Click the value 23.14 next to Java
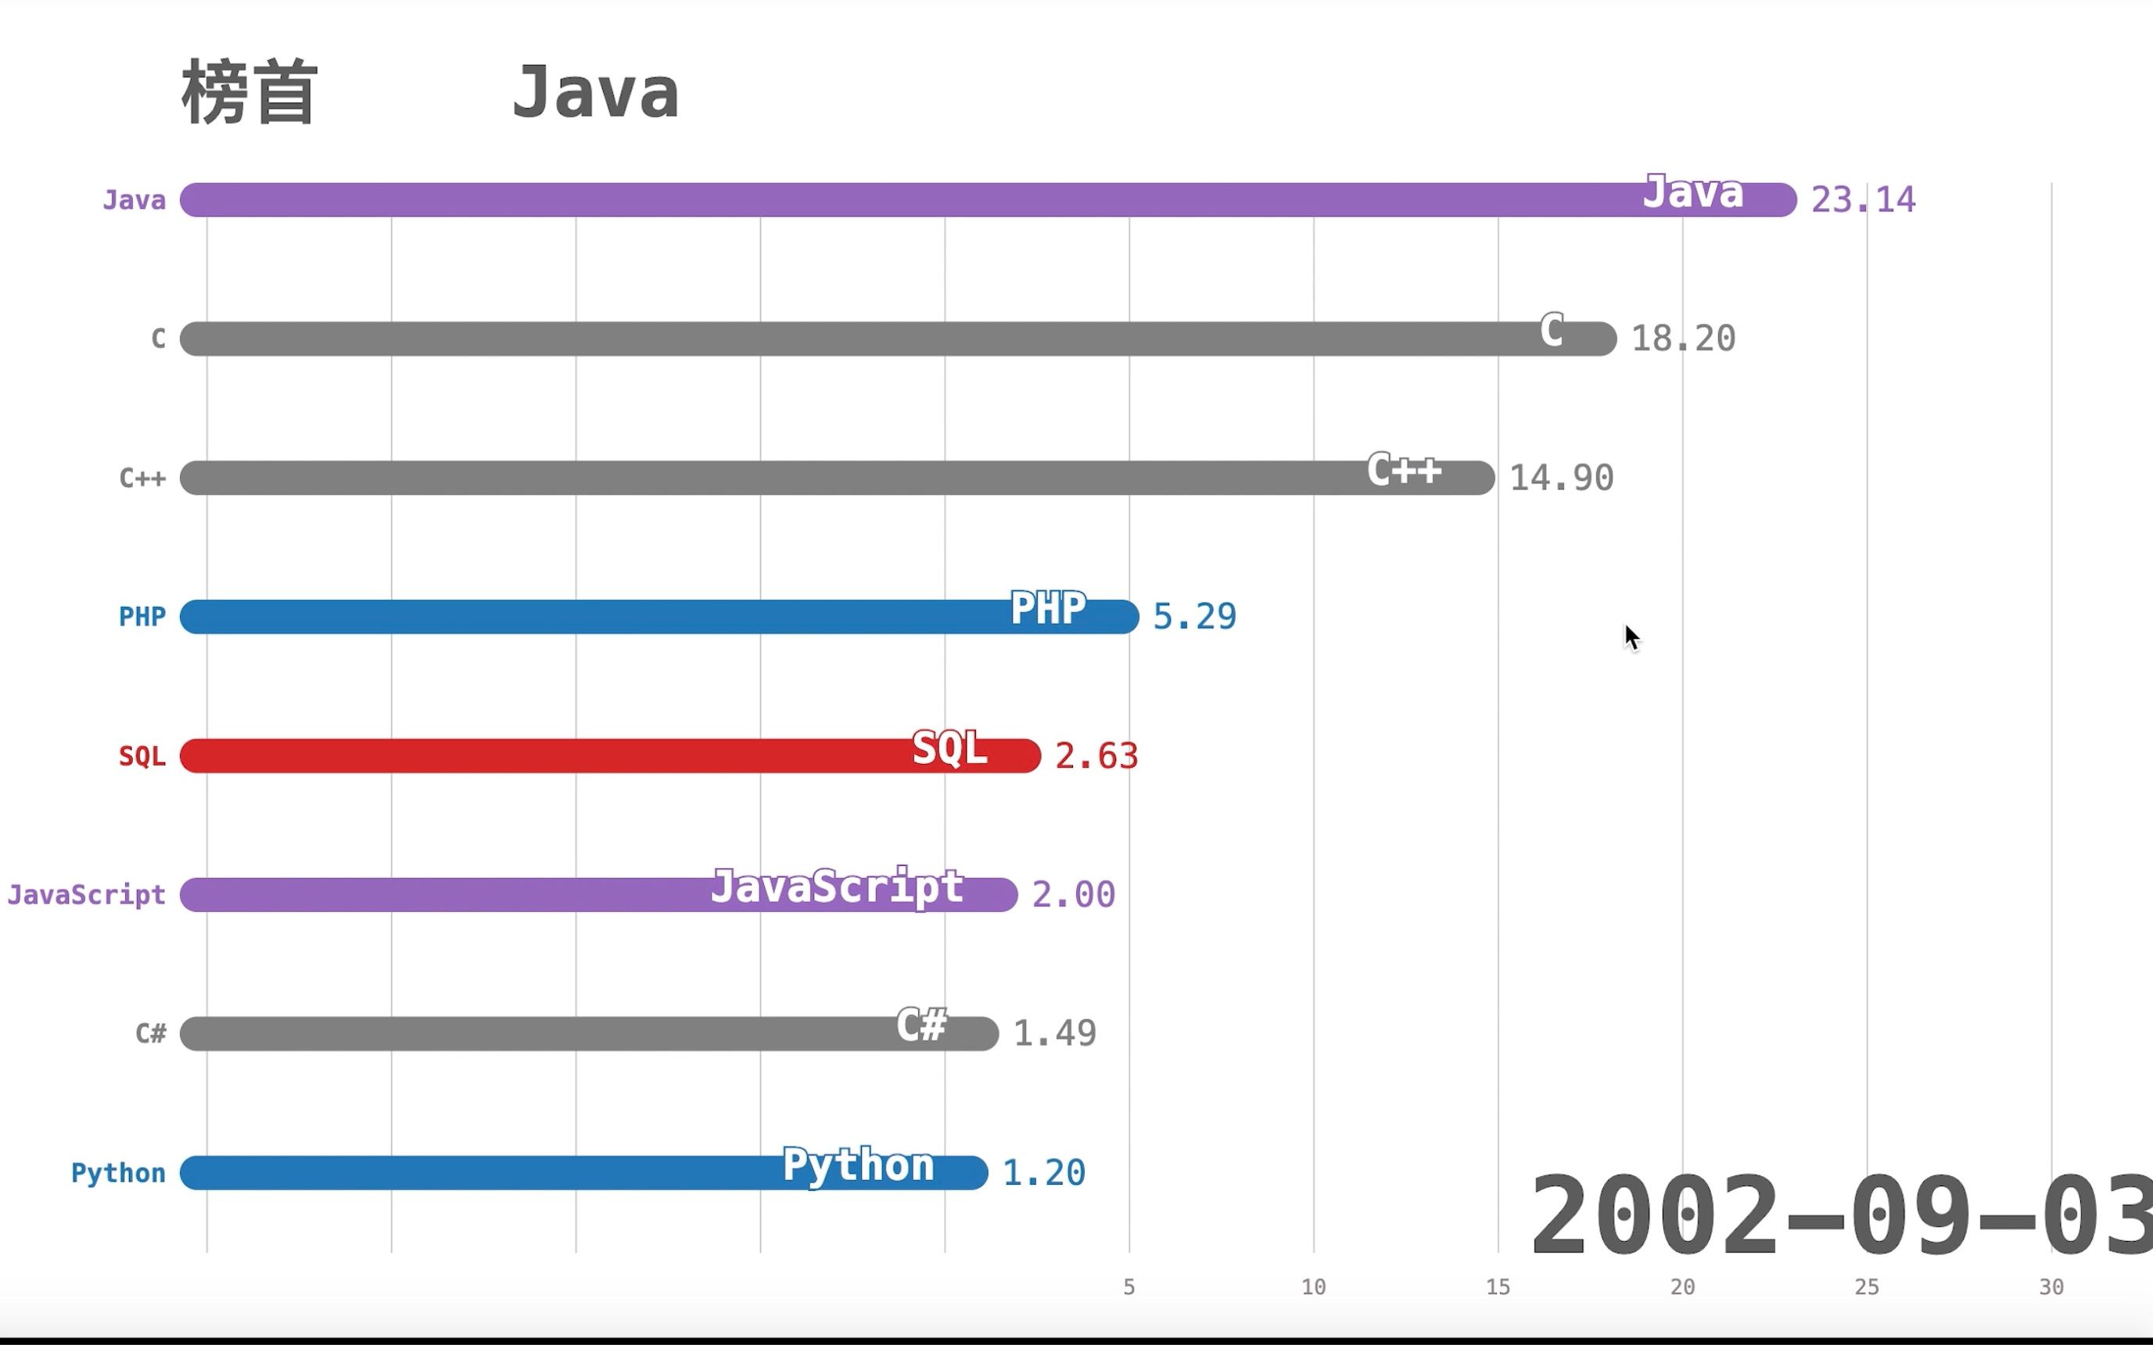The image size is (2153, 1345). (x=1863, y=200)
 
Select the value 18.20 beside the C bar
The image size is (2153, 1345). (x=1682, y=339)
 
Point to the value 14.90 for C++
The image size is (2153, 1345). (x=1561, y=479)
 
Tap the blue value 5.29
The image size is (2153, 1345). (x=1194, y=616)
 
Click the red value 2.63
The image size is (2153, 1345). (x=1096, y=756)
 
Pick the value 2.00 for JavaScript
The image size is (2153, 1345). (x=1073, y=895)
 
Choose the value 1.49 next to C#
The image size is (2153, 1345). (x=1054, y=1034)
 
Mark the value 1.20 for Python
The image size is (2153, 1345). (x=1043, y=1173)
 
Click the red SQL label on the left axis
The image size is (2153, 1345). (x=142, y=756)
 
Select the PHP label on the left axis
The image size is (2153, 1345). (x=142, y=616)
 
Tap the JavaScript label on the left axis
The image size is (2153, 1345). (x=86, y=895)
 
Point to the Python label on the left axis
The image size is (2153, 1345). (x=118, y=1173)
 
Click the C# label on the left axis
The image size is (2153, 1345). (x=150, y=1034)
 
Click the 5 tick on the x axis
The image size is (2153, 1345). (x=1129, y=1287)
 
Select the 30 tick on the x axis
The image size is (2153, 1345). (x=2051, y=1287)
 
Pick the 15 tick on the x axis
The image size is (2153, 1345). (x=1498, y=1287)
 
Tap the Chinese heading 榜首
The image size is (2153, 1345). (x=249, y=92)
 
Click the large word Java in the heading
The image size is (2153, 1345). (x=595, y=92)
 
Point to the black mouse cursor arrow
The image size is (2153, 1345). (x=1631, y=637)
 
